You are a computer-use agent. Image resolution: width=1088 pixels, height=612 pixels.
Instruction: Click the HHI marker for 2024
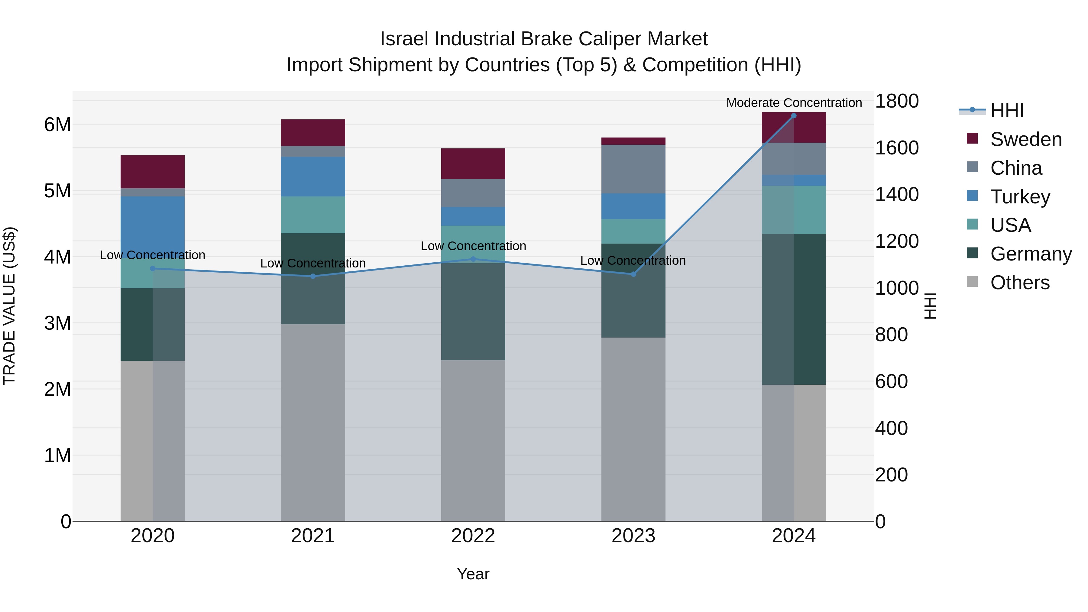(x=794, y=116)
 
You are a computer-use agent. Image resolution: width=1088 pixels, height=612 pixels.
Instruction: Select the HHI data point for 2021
(x=313, y=276)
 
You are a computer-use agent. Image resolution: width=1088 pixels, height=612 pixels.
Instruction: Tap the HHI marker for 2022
(x=473, y=259)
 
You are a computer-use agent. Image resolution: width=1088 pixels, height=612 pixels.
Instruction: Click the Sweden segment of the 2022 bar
(x=473, y=164)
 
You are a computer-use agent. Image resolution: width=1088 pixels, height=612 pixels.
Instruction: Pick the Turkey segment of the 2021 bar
(x=313, y=176)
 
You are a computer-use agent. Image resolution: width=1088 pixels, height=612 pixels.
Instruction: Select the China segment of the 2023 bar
(x=633, y=169)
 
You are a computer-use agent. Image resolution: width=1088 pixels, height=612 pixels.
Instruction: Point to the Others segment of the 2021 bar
(x=313, y=423)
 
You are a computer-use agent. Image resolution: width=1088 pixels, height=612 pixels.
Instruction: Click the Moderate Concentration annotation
(x=794, y=103)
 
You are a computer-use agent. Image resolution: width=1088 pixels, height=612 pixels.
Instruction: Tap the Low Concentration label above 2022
(x=473, y=246)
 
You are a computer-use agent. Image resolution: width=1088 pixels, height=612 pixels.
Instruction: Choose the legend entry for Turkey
(x=1020, y=196)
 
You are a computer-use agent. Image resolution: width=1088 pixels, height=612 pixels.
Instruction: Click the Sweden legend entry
(x=1025, y=139)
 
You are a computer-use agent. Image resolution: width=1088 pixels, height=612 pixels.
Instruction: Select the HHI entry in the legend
(x=1007, y=111)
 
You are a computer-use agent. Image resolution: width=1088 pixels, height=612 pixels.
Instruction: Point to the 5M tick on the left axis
(x=57, y=191)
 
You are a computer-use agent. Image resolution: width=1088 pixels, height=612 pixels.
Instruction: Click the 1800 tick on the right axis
(x=897, y=101)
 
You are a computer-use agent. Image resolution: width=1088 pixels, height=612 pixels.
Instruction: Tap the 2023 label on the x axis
(x=633, y=536)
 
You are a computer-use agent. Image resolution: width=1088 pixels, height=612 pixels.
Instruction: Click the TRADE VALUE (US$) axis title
(x=9, y=306)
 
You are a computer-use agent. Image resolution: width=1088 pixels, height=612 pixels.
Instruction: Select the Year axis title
(x=473, y=574)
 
